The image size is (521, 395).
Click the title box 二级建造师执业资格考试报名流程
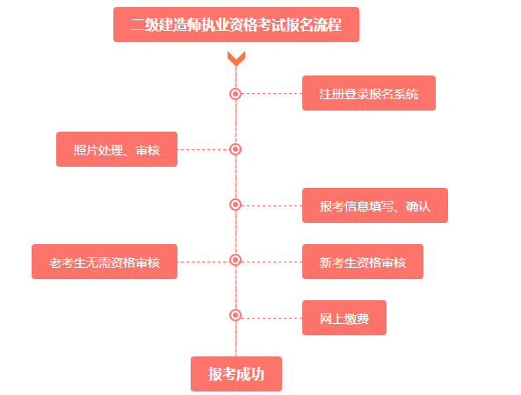point(235,25)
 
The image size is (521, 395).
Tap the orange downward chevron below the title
point(235,59)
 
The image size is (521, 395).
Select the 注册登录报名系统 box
point(368,93)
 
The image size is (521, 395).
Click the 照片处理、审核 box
point(117,149)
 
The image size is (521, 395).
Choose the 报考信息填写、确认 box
point(374,205)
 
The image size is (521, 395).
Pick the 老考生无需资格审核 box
point(105,262)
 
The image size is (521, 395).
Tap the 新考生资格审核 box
point(362,262)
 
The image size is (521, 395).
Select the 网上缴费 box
point(344,318)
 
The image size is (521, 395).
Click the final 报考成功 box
point(235,373)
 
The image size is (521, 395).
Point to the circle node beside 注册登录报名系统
point(235,93)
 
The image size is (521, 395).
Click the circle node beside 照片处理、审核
point(235,149)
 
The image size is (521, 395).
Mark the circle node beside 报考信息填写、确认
point(235,205)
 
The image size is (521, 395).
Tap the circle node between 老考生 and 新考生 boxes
point(235,261)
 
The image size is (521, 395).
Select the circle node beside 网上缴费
point(235,315)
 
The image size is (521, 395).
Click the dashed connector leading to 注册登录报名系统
point(271,93)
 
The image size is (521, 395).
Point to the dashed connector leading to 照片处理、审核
point(203,149)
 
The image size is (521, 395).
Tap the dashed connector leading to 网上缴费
point(271,318)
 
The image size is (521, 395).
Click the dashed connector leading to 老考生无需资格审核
point(203,262)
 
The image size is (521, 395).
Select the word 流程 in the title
point(326,25)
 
